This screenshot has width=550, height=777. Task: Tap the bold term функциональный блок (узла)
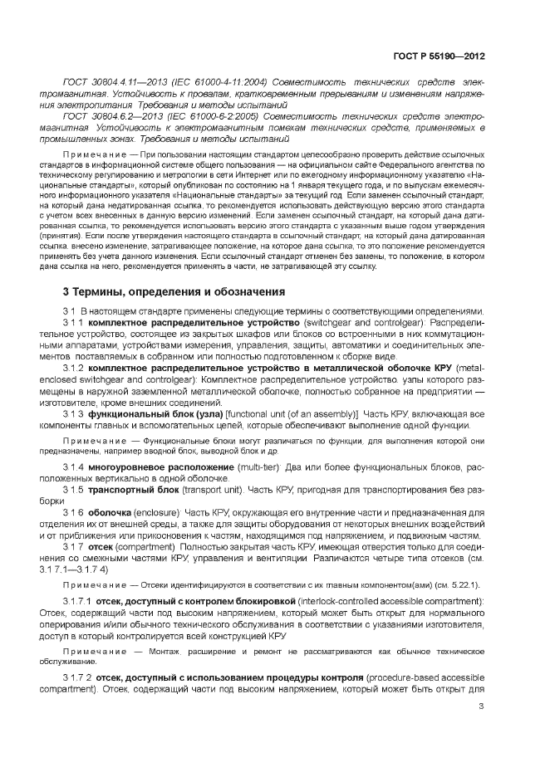point(142,413)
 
